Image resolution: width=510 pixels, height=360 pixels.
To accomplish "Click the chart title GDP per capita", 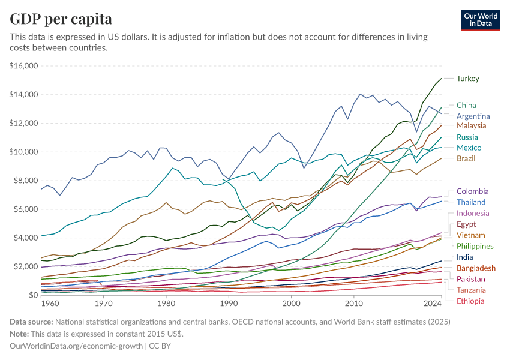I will (61, 19).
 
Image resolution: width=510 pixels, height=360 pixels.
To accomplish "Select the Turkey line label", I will (467, 79).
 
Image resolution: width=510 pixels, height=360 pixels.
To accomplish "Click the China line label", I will (466, 105).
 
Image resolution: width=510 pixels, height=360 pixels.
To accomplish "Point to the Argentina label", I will (473, 116).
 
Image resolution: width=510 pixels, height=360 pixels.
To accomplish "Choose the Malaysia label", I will (471, 126).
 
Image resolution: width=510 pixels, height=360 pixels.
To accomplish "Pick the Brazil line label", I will (466, 158).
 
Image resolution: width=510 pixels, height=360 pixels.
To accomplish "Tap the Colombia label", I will (472, 191).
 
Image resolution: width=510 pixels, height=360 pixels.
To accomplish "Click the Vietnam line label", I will (470, 235).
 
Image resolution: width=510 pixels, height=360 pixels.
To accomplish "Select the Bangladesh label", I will (476, 268).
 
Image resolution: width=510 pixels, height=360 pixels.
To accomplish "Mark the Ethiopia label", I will (470, 301).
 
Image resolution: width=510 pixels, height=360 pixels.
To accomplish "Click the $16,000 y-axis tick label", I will (24, 66).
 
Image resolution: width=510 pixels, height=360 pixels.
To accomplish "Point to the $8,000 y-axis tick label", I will (26, 181).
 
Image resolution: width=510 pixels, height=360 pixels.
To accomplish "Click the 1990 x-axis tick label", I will (229, 304).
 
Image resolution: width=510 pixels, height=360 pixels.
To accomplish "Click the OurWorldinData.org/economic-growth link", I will (76, 346).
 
